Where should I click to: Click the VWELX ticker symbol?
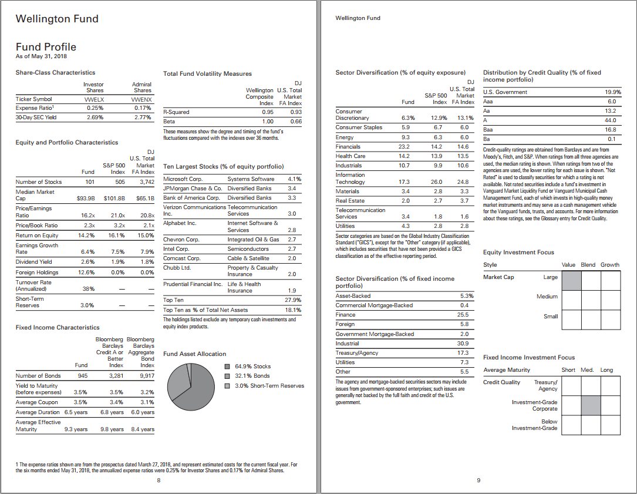[x=95, y=99]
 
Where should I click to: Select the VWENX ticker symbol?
[x=142, y=99]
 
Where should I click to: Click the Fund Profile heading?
[x=46, y=47]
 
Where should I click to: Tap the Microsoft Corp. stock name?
[x=183, y=179]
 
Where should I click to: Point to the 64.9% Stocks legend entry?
[x=252, y=366]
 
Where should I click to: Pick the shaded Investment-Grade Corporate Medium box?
[x=591, y=405]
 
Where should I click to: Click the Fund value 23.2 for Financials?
[x=403, y=146]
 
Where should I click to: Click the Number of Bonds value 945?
[x=83, y=375]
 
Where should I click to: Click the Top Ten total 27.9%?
[x=292, y=300]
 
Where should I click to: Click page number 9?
[x=478, y=480]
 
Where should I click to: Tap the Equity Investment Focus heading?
[x=518, y=252]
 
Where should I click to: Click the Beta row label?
[x=169, y=121]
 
